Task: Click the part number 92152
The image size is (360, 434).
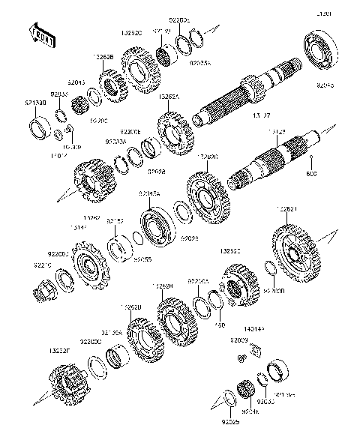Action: click(115, 221)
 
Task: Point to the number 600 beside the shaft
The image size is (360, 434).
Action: click(313, 174)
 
